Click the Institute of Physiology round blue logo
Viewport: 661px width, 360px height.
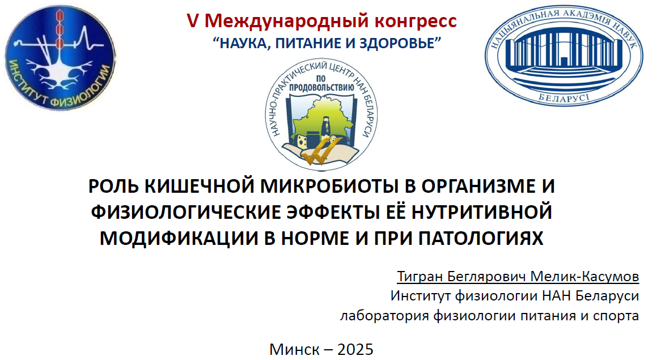[x=60, y=58]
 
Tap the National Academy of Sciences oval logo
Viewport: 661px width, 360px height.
[x=563, y=55]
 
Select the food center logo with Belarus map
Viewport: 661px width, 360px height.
[x=321, y=115]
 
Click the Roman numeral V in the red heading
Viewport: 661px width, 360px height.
[x=192, y=20]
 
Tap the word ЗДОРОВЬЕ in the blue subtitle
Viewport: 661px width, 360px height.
[x=396, y=43]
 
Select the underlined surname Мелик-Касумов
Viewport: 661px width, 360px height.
[x=584, y=277]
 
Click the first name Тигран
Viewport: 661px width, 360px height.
[x=420, y=277]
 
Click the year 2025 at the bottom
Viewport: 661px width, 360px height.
[x=355, y=349]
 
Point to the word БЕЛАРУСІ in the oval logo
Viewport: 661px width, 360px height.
[x=563, y=99]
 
